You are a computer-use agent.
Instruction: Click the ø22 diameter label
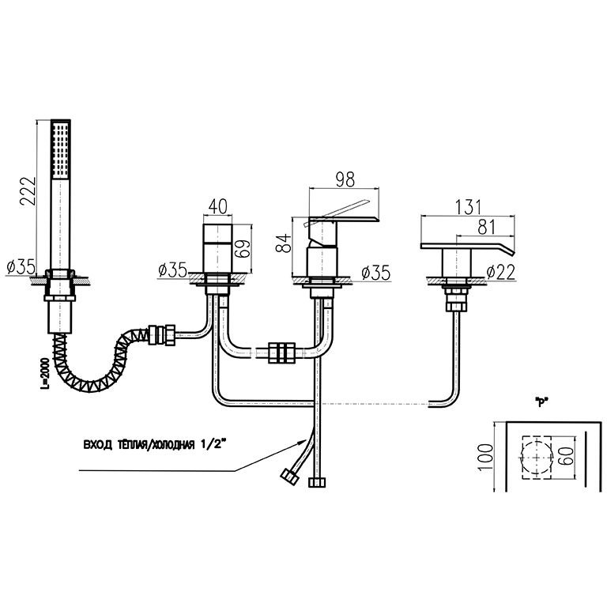(x=499, y=273)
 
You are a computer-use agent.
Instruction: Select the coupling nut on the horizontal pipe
(x=282, y=353)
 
